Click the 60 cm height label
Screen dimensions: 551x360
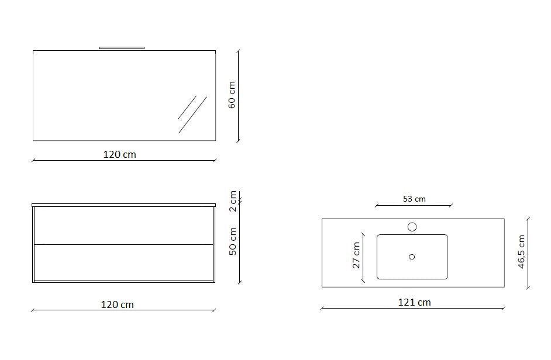pos(232,95)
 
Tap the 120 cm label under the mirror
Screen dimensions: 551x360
pos(119,154)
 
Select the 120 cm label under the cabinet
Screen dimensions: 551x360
pos(118,304)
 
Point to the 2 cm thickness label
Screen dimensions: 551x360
pos(233,201)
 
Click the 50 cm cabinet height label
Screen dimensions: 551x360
pos(233,241)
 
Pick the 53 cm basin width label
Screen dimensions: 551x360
pos(414,199)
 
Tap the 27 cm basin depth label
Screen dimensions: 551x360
pos(356,255)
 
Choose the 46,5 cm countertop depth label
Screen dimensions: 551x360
pos(521,252)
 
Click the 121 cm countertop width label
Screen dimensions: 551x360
pos(414,302)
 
